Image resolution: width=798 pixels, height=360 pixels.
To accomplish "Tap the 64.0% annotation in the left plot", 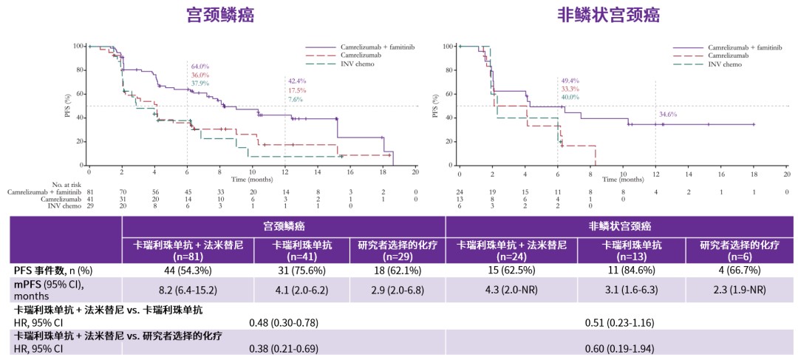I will (200, 67).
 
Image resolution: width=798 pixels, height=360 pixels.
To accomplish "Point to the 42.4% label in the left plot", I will (297, 81).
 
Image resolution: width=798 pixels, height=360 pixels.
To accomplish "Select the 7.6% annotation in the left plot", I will (295, 99).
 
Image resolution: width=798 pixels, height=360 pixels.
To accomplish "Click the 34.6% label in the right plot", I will (667, 115).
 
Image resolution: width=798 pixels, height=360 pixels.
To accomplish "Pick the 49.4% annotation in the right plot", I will (570, 80).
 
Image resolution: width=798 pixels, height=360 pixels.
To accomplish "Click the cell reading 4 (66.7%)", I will (738, 271).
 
